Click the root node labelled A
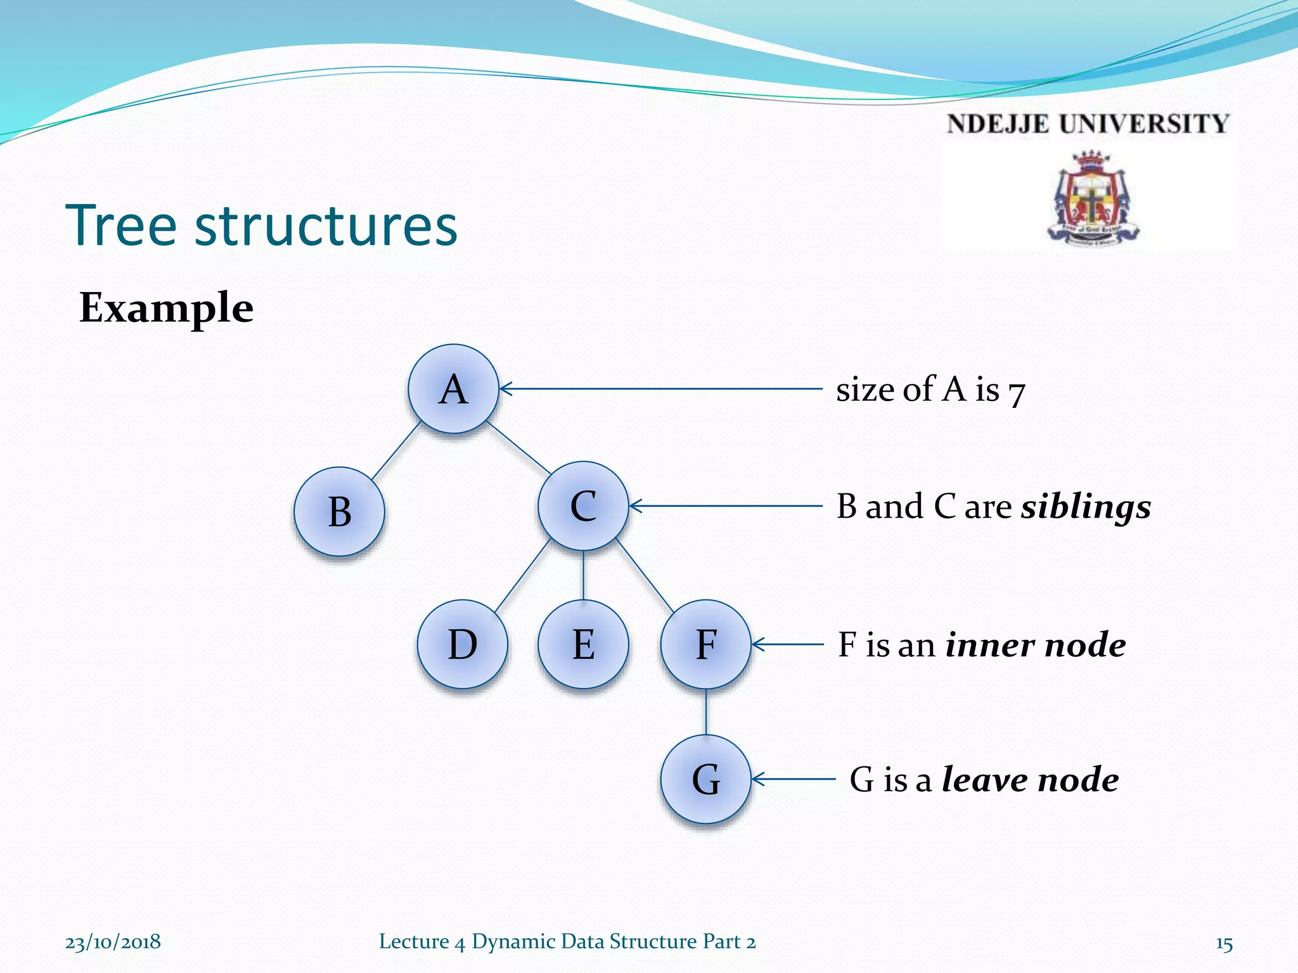coord(453,389)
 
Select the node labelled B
coord(339,512)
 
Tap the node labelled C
coord(583,506)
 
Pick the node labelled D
coord(463,644)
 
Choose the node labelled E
coord(583,644)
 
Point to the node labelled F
coord(706,644)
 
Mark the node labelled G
coord(706,779)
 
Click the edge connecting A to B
coord(396,450)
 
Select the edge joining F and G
coord(706,712)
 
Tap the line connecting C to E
coord(583,575)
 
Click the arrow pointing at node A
coord(659,389)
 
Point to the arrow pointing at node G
coord(792,779)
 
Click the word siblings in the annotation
coord(1086,507)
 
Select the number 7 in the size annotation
coord(1016,393)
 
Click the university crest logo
coord(1091,198)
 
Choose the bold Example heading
coord(167,308)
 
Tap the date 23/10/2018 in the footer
coord(113,942)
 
